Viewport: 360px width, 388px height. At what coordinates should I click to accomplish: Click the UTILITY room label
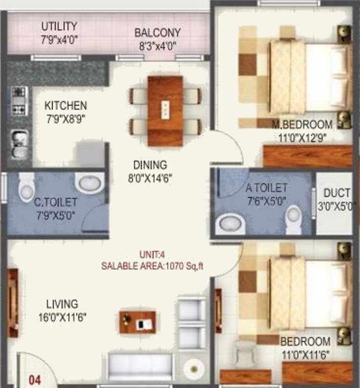click(59, 26)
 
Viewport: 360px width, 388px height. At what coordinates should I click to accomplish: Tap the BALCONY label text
click(157, 33)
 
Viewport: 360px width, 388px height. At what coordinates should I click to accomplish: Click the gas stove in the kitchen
click(19, 101)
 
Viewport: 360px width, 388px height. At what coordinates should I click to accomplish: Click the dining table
click(165, 111)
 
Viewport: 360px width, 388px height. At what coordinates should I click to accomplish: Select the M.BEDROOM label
click(302, 124)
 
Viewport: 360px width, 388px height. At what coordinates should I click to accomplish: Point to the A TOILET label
click(267, 188)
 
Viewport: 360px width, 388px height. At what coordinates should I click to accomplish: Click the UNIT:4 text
click(152, 255)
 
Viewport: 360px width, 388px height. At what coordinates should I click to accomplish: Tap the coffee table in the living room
click(137, 322)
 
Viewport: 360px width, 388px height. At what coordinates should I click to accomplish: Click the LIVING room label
click(62, 304)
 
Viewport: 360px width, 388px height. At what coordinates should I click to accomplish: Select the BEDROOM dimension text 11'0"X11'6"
click(305, 354)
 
